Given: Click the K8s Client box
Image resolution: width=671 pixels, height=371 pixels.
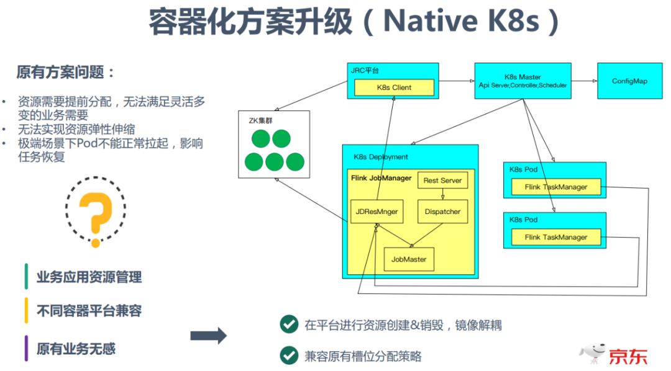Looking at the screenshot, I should click(x=394, y=87).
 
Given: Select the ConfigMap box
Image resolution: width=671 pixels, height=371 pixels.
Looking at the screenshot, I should click(x=629, y=81).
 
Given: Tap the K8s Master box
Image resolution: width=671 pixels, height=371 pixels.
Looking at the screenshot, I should click(x=523, y=81).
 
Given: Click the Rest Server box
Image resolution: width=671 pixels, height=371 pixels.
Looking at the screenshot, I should click(x=442, y=181).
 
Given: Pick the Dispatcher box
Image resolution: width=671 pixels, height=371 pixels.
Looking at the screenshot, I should click(x=442, y=212).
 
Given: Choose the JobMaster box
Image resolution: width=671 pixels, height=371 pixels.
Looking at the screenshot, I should click(x=409, y=259).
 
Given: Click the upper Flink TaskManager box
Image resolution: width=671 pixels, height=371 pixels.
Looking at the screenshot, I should click(x=555, y=187).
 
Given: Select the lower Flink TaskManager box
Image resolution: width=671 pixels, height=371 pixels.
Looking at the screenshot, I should click(x=555, y=237).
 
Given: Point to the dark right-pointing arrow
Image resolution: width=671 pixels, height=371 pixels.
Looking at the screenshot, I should click(x=208, y=336).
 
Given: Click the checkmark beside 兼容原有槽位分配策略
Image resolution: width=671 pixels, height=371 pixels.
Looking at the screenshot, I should click(x=288, y=355).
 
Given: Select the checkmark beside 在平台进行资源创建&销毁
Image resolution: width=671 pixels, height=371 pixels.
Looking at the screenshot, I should click(x=288, y=324).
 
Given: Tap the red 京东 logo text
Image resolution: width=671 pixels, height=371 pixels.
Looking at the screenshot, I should click(x=628, y=356).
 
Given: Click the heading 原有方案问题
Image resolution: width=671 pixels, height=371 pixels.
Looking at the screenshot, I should click(x=66, y=72).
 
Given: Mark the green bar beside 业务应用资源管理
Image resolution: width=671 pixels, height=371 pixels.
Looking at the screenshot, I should click(x=26, y=277).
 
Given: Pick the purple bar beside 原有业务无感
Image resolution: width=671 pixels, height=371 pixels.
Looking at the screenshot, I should click(x=26, y=348).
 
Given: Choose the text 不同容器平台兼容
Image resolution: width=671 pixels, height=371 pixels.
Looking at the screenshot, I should click(x=89, y=311).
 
